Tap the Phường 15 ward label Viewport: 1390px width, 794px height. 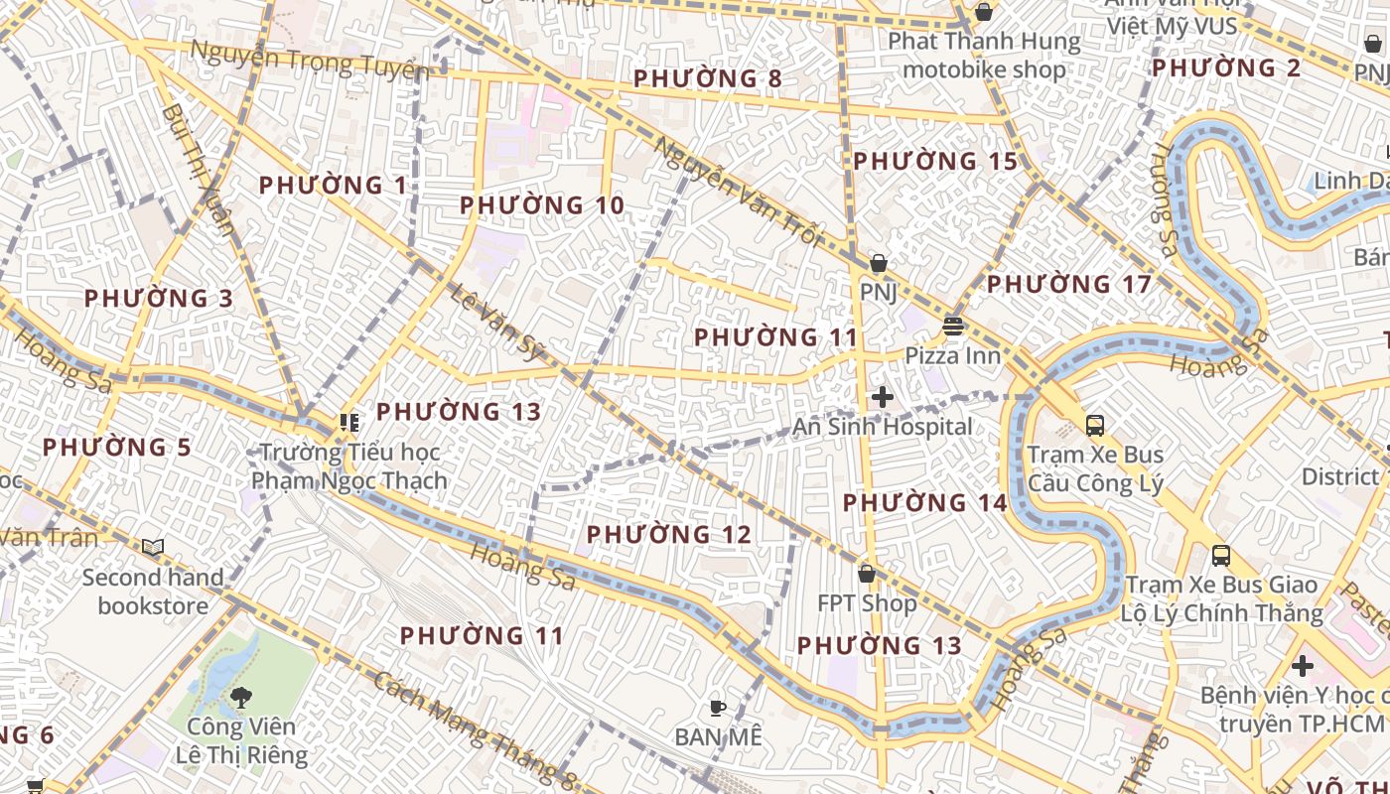pyautogui.click(x=935, y=161)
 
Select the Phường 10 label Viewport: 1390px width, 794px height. pyautogui.click(x=542, y=205)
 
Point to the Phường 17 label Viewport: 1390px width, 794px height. pyautogui.click(x=1069, y=285)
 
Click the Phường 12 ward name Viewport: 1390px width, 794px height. pyautogui.click(x=669, y=535)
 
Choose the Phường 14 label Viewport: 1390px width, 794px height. pyautogui.click(x=925, y=503)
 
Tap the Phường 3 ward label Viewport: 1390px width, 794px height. pyautogui.click(x=160, y=299)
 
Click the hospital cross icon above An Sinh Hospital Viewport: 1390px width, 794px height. pyautogui.click(x=882, y=398)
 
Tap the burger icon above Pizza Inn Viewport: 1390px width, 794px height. pyautogui.click(x=953, y=326)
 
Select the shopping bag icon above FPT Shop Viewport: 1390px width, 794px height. pyautogui.click(x=867, y=574)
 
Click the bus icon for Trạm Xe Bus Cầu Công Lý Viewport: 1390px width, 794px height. pyautogui.click(x=1094, y=426)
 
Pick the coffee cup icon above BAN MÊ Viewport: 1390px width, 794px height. pyautogui.click(x=718, y=708)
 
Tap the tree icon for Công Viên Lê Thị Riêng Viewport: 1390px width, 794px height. pyautogui.click(x=240, y=698)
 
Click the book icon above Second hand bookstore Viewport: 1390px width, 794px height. pyautogui.click(x=152, y=547)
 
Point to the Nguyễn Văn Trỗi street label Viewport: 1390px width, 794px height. pyautogui.click(x=739, y=191)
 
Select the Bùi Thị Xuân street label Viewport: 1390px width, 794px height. pyautogui.click(x=198, y=169)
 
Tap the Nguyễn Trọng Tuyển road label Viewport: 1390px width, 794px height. pyautogui.click(x=309, y=62)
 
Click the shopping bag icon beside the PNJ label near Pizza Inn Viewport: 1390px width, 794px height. pyautogui.click(x=878, y=264)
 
